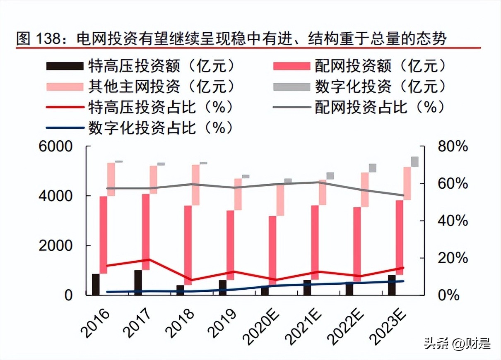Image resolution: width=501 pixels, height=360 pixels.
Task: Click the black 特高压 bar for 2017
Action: point(138,283)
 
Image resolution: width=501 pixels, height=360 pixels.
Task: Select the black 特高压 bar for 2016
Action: point(96,284)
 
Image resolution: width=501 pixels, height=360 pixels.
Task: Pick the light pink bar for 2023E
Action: point(407,183)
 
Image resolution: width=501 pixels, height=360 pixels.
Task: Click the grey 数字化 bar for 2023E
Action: point(414,161)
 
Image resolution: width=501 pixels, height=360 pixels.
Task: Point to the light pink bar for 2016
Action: point(111,179)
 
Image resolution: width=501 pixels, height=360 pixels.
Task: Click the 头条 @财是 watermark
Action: point(456,343)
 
